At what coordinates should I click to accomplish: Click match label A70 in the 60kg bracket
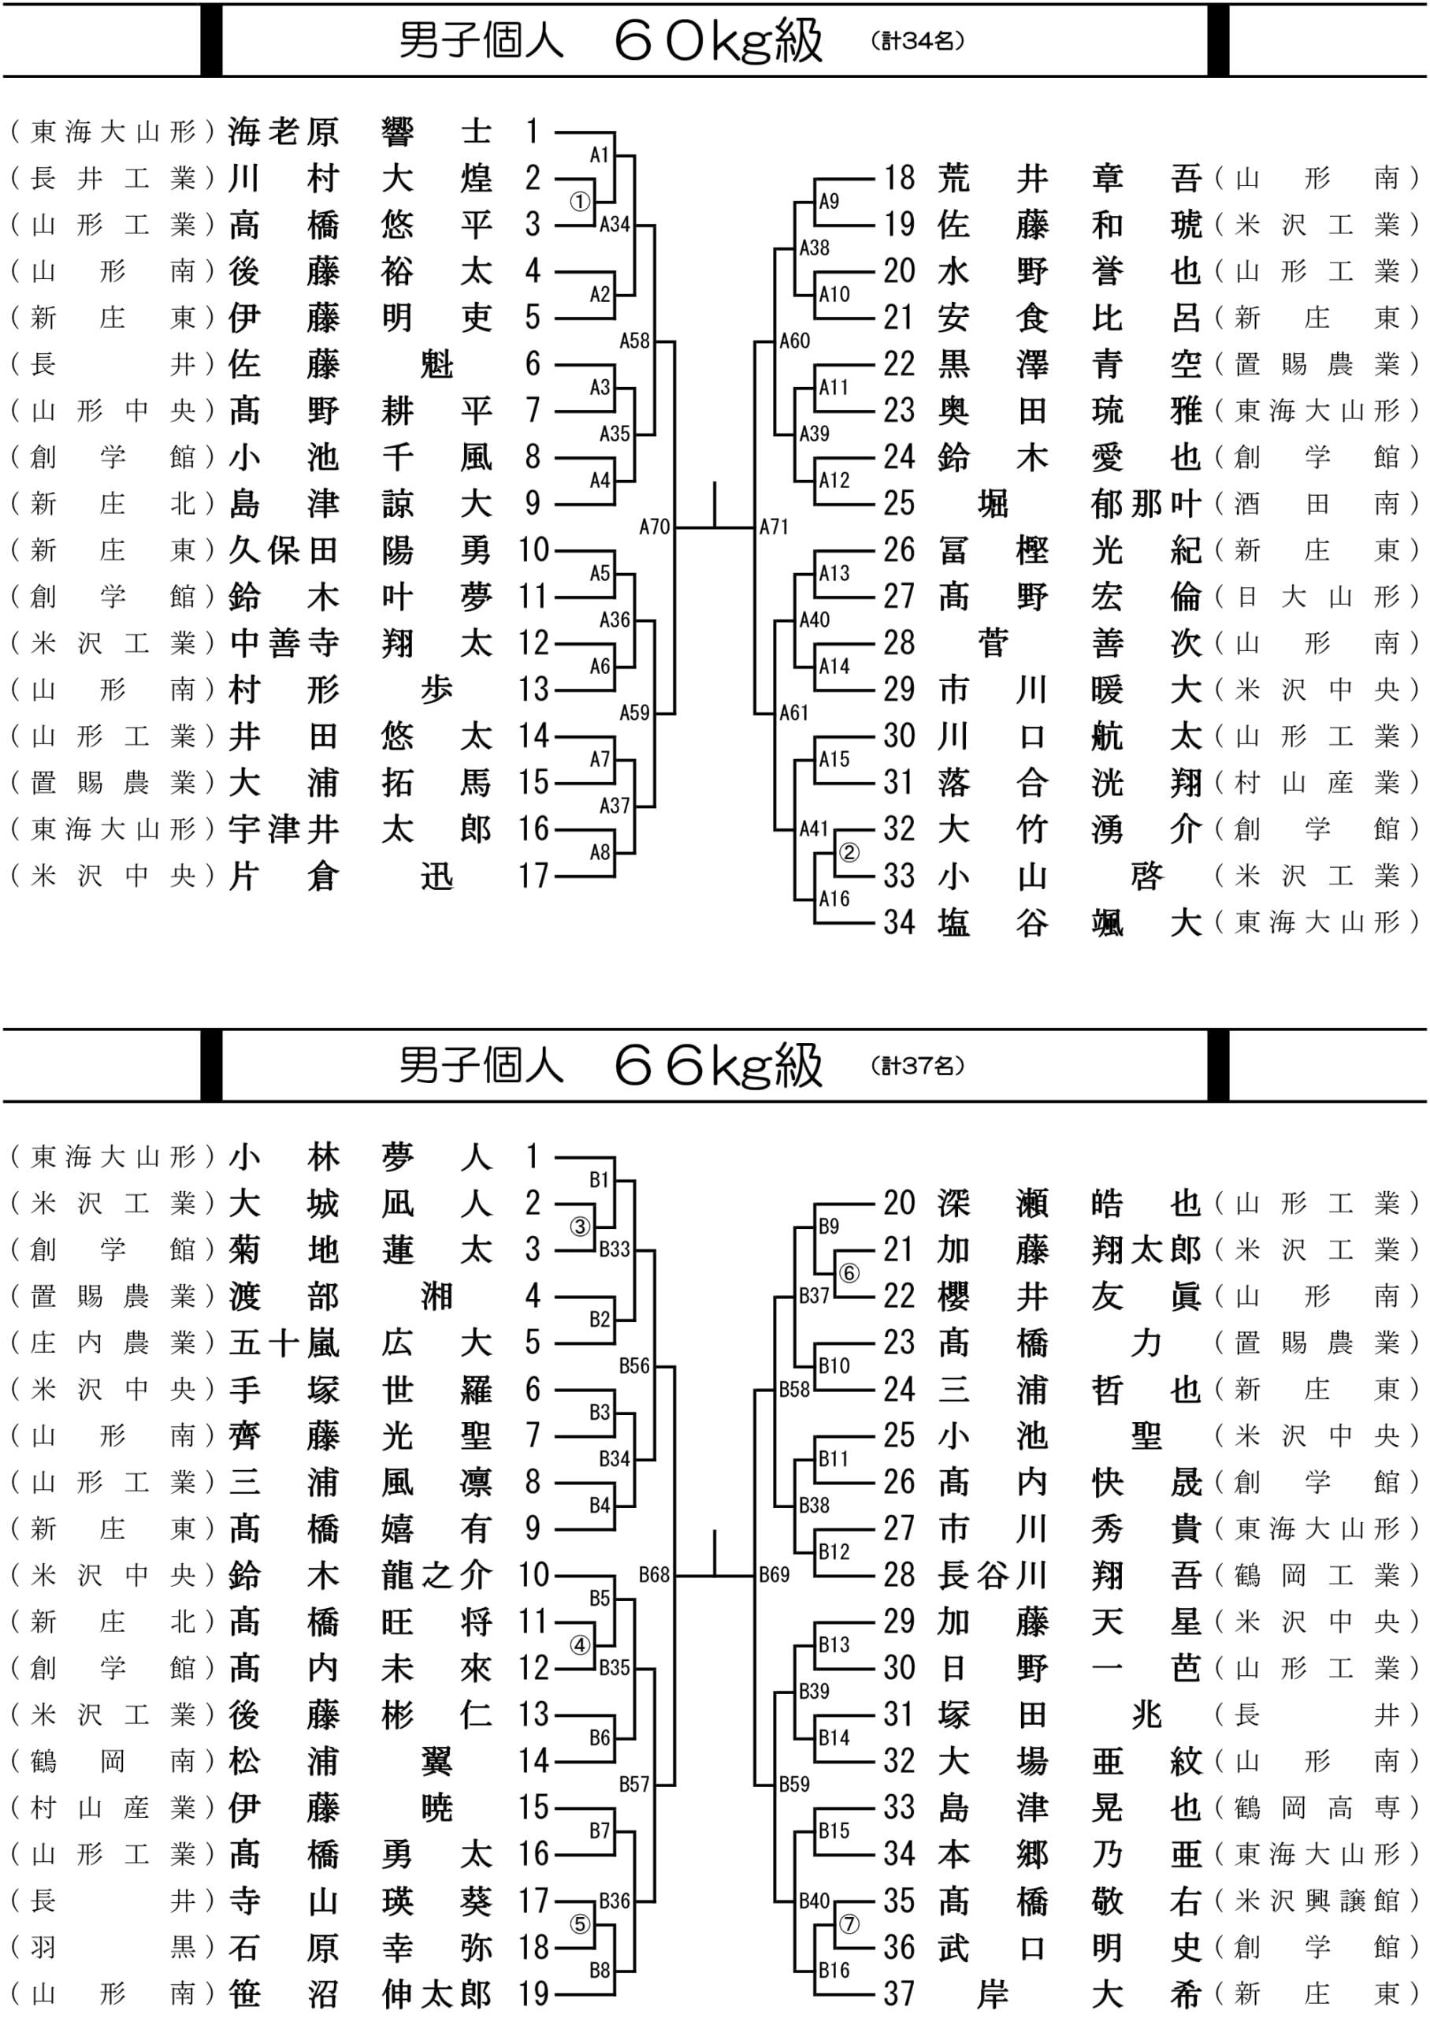click(x=654, y=527)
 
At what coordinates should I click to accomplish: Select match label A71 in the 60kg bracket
click(x=774, y=527)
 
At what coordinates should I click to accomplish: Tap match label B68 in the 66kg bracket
click(x=654, y=1574)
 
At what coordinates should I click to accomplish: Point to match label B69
click(x=774, y=1574)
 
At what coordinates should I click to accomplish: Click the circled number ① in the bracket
click(x=579, y=203)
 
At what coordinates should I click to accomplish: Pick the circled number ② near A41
click(x=849, y=852)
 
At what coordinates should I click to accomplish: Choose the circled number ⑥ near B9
click(x=849, y=1272)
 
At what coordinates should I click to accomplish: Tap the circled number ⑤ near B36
click(x=579, y=1923)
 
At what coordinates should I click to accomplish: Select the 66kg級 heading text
click(x=718, y=1066)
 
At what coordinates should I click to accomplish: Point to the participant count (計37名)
click(x=918, y=1066)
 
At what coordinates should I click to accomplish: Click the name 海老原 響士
click(x=360, y=131)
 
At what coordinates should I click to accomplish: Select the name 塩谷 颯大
click(x=1070, y=922)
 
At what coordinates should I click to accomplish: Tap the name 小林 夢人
click(x=360, y=1156)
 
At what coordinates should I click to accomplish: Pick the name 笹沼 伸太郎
click(x=360, y=1994)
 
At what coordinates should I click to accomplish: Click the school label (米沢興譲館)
click(x=1317, y=1901)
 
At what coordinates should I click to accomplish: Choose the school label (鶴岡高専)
click(x=1317, y=1808)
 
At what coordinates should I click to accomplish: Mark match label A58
click(x=634, y=341)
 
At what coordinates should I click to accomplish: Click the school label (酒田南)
click(x=1317, y=503)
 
